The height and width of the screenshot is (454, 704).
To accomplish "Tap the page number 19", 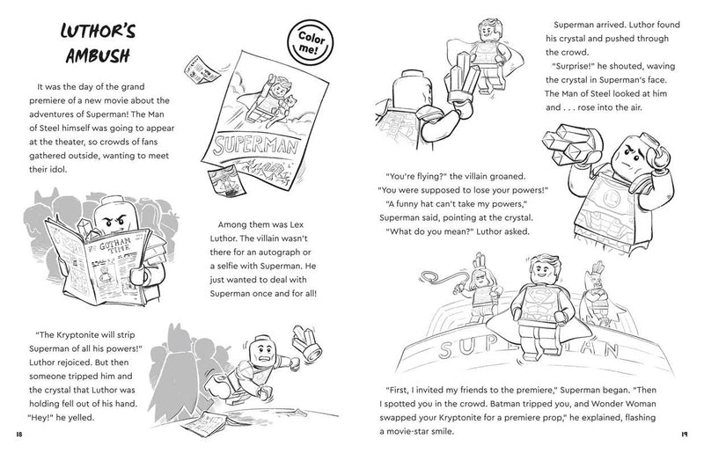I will point(684,434).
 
